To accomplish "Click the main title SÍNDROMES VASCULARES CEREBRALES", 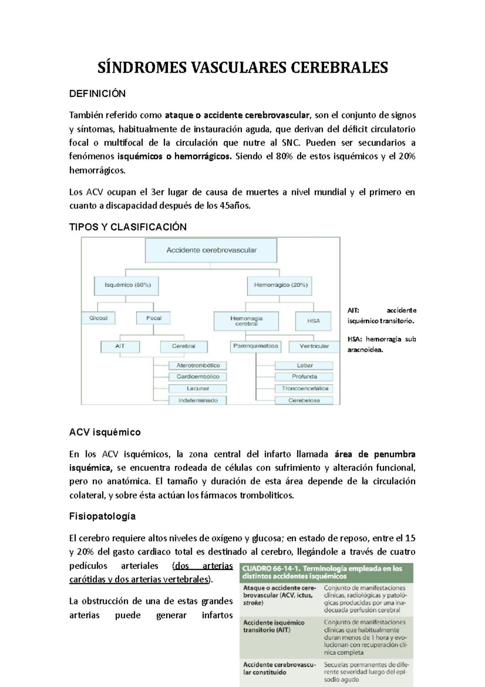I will click(x=242, y=68).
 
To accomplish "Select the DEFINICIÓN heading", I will click(x=97, y=94).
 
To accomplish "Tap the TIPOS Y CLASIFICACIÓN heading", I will click(x=128, y=227).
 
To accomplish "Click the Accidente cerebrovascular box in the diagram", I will click(x=211, y=250).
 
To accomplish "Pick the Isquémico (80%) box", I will click(x=127, y=285).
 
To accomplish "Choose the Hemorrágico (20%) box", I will click(x=280, y=285).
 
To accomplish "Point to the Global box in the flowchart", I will click(x=99, y=318).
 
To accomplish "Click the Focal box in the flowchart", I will click(x=153, y=318).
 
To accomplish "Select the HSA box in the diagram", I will click(x=313, y=321).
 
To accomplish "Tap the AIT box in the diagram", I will click(x=120, y=346).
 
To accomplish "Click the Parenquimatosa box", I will click(x=255, y=346).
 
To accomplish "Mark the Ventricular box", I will click(x=314, y=346).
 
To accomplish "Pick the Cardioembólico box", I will click(x=198, y=377).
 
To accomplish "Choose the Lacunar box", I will click(x=198, y=388).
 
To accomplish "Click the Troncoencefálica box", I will click(x=304, y=388).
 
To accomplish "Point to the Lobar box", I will click(x=304, y=365).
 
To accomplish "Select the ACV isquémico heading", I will click(x=105, y=433).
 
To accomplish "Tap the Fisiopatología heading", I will click(x=102, y=517).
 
